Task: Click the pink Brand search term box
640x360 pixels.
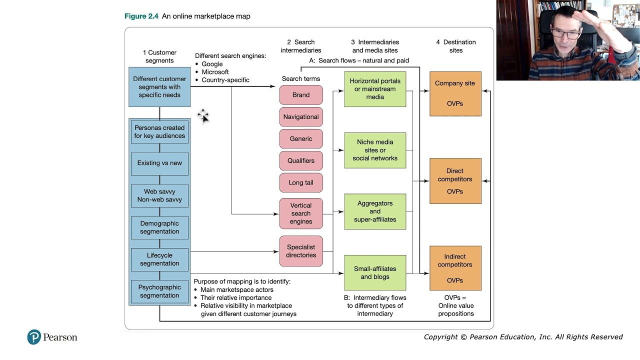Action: click(x=301, y=95)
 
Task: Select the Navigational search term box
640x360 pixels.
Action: click(x=301, y=117)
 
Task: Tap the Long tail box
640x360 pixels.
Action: click(x=301, y=182)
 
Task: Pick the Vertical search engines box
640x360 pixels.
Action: click(x=301, y=213)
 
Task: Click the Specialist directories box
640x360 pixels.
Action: click(x=301, y=251)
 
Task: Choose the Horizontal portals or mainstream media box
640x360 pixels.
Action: click(x=375, y=89)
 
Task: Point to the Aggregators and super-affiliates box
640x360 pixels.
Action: click(x=375, y=211)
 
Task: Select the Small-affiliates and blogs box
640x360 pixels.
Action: click(x=375, y=273)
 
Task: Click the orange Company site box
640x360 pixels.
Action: click(x=455, y=93)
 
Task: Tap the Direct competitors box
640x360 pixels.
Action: click(x=455, y=181)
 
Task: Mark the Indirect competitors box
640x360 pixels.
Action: click(x=455, y=268)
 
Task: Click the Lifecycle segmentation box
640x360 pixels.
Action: click(x=159, y=259)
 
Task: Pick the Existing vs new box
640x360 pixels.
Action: click(x=159, y=163)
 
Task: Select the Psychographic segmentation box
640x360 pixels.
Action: click(x=159, y=291)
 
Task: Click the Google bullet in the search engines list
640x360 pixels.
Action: click(x=198, y=64)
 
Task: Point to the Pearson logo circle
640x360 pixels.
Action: click(x=34, y=337)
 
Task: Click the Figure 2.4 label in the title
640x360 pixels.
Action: click(x=141, y=16)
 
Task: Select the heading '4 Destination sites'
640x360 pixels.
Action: click(x=455, y=46)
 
